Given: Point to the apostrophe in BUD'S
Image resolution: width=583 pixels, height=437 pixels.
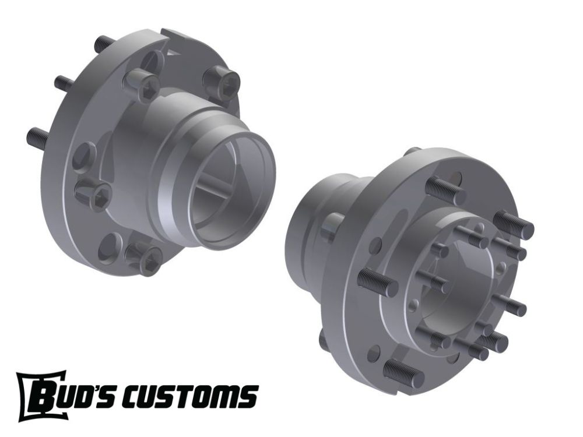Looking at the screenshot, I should (x=112, y=389).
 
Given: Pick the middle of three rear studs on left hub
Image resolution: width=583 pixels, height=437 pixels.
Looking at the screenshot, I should (x=64, y=83).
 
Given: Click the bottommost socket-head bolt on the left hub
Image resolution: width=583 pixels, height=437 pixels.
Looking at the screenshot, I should (x=143, y=258).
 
